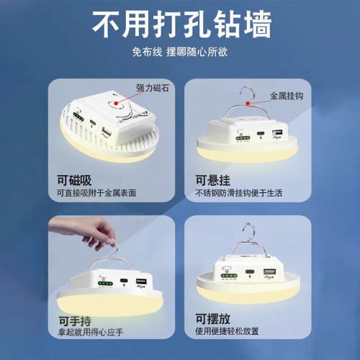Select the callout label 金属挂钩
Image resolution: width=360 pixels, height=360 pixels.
point(287,95)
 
